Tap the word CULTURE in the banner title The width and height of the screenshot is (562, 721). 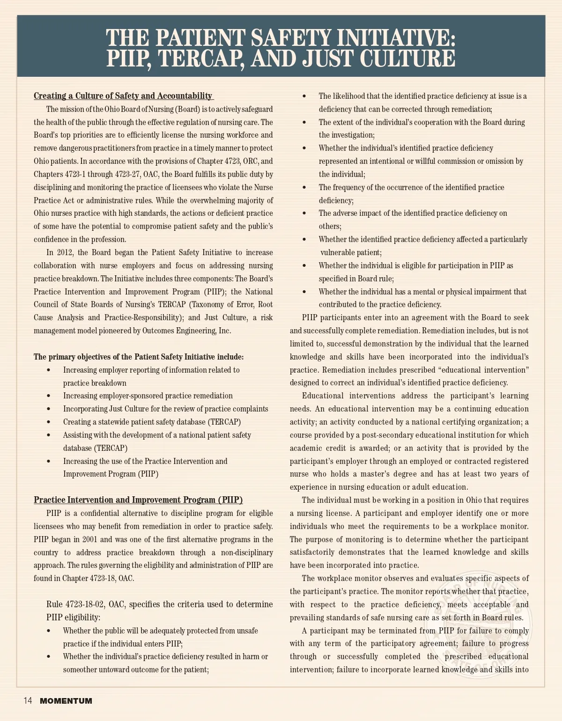coord(407,59)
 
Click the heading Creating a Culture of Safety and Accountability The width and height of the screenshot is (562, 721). coord(123,96)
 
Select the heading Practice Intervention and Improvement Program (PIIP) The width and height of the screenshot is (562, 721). coord(138,500)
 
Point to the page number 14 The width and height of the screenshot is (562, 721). coord(28,701)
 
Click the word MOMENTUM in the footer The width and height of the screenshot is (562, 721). coord(66,701)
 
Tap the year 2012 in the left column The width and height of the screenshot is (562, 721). coord(65,253)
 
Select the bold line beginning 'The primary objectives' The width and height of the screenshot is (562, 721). coord(139,357)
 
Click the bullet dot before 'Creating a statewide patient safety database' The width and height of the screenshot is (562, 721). coord(49,422)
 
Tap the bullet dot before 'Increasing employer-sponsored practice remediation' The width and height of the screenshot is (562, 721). coord(49,396)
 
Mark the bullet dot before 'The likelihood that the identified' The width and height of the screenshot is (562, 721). coord(304,96)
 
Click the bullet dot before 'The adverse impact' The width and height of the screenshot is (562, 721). coord(304,213)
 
